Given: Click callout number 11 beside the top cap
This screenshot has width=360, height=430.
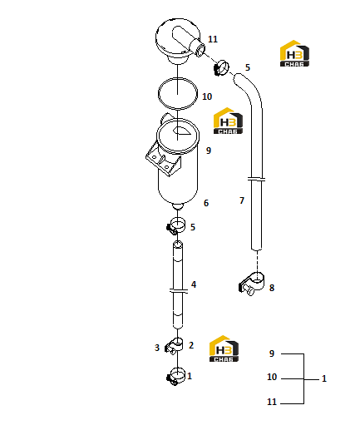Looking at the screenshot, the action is [213, 39].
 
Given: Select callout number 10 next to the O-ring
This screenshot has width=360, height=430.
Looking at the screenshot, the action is [207, 96].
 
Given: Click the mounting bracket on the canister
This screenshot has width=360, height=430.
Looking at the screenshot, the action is [164, 159].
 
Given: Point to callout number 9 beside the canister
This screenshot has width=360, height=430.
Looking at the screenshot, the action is [209, 151].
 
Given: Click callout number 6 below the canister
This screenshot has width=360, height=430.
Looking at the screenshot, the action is [206, 203].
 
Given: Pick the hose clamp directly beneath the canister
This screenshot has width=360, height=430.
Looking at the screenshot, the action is [176, 225].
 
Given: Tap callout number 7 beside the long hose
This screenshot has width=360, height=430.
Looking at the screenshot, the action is [242, 200].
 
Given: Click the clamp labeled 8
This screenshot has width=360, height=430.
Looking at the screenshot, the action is [252, 284].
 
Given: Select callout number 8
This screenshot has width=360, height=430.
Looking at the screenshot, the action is [272, 288].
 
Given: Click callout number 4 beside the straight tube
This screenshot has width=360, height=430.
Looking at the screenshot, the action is [194, 284].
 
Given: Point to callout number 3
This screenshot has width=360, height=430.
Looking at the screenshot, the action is [157, 348].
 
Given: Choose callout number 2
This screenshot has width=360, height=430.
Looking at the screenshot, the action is [191, 345].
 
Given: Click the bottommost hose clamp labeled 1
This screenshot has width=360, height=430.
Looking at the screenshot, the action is [176, 377].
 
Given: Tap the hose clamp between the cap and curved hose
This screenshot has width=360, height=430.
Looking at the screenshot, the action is [221, 68].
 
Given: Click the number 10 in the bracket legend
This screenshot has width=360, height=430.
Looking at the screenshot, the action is [272, 377].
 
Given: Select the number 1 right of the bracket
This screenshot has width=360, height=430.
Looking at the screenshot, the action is [324, 378].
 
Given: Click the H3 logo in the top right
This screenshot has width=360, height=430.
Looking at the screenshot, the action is [294, 53].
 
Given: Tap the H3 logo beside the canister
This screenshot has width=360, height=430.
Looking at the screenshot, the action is [228, 121].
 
